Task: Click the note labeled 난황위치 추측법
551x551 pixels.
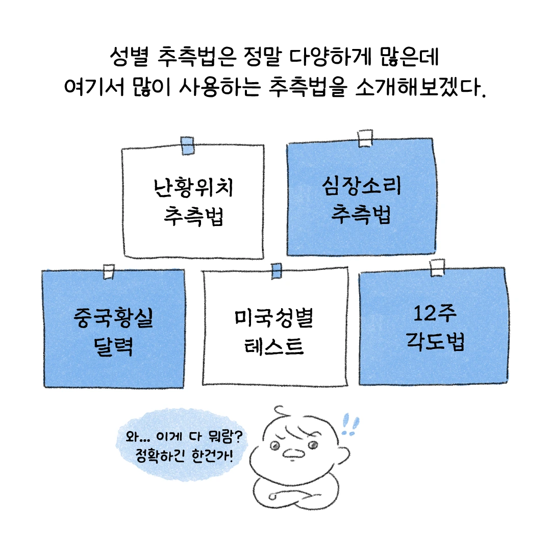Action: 193,202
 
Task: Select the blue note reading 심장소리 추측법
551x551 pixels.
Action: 361,199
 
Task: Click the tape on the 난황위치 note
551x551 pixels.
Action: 187,145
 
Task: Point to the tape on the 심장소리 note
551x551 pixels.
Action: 365,138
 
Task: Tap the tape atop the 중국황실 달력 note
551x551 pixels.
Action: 108,272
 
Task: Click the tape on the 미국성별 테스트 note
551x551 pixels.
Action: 276,271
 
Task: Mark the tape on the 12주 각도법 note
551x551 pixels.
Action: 437,268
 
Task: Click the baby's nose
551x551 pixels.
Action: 295,452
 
